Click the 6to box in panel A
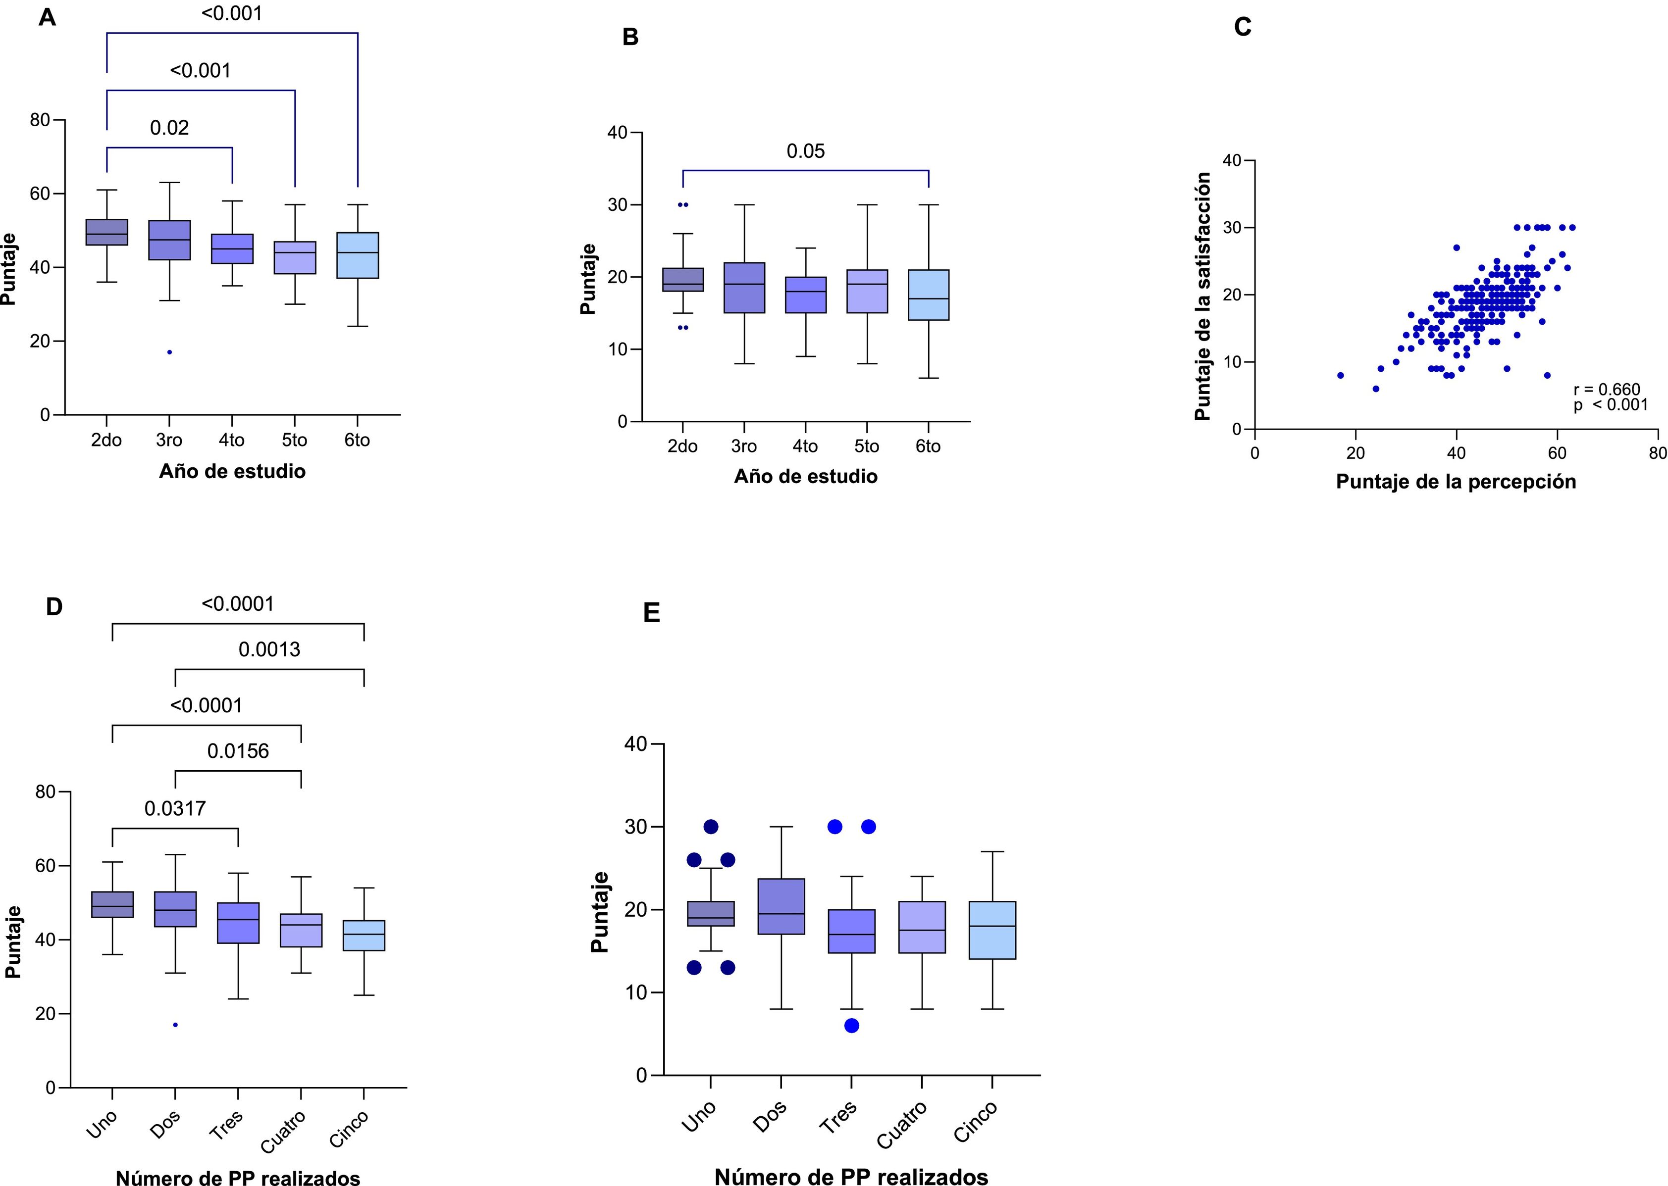click(x=357, y=255)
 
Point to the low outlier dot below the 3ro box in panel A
click(x=169, y=352)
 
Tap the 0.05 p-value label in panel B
click(x=805, y=151)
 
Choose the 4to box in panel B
click(x=805, y=295)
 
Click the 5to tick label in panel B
click(x=867, y=446)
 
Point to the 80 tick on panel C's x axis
click(x=1657, y=453)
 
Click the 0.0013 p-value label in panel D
click(x=269, y=649)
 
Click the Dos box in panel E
click(x=781, y=906)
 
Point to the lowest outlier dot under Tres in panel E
click(x=851, y=1025)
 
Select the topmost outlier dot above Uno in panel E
click(x=710, y=827)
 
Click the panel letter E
click(x=651, y=613)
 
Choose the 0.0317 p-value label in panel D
click(x=175, y=808)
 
